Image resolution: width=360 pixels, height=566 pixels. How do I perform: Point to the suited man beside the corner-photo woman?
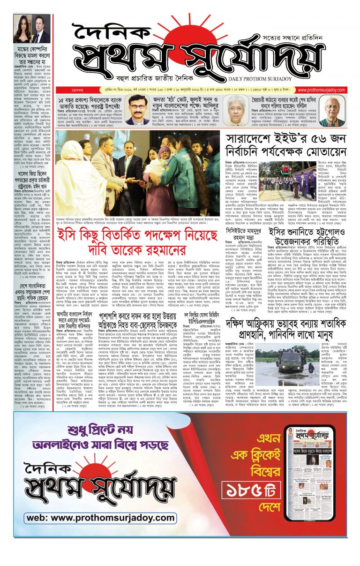(41, 29)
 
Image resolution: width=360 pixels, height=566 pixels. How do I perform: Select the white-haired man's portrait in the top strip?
(331, 111)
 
